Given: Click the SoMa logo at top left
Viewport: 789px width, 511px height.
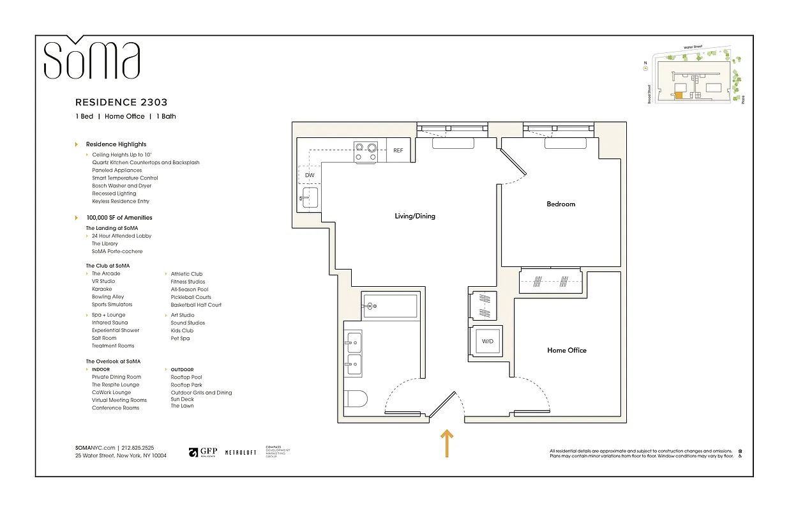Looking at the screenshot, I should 91,60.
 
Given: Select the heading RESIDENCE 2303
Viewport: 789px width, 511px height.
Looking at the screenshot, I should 121,102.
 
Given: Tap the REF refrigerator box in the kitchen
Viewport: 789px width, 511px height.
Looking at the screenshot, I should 398,151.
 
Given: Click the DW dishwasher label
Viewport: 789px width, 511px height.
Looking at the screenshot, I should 310,175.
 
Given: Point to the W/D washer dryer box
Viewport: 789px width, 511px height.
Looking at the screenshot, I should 488,342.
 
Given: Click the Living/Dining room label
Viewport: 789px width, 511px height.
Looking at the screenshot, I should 415,217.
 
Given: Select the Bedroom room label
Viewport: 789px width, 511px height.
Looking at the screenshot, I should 560,204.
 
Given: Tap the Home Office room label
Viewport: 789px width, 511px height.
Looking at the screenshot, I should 566,351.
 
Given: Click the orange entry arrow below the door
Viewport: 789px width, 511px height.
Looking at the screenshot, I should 447,443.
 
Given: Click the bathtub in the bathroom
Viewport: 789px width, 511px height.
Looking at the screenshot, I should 389,306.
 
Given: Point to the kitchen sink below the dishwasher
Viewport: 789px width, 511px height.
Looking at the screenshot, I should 310,198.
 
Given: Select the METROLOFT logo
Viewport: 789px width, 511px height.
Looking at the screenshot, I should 241,452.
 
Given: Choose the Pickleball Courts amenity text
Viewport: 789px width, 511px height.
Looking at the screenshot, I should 191,297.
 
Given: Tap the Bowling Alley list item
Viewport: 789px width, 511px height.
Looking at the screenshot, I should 108,297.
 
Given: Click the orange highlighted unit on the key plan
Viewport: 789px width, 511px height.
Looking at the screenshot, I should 679,96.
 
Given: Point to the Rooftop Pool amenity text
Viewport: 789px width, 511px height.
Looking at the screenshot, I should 186,378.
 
